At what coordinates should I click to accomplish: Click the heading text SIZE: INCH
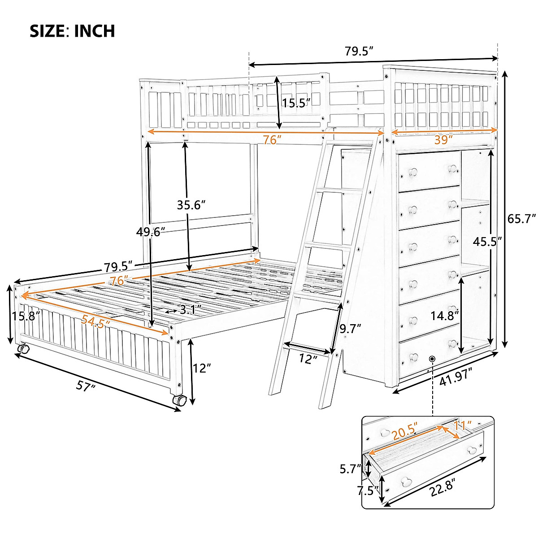pos(72,31)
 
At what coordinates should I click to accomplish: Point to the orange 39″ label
pos(443,139)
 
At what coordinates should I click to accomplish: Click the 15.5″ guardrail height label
pos(296,103)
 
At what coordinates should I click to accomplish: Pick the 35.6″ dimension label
pos(191,205)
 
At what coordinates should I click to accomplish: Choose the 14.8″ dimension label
pos(445,315)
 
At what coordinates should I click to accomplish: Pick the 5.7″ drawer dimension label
pos(350,469)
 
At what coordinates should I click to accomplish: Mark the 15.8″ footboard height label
pos(26,316)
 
